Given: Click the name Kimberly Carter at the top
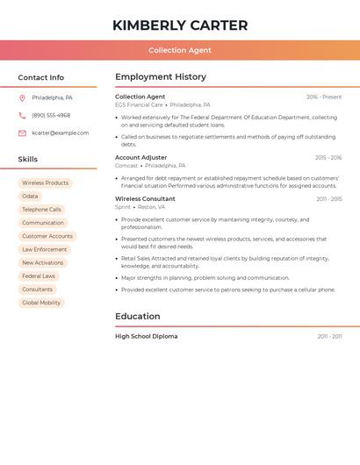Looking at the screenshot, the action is [x=180, y=25].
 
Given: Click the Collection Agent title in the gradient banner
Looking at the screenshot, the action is [x=180, y=50].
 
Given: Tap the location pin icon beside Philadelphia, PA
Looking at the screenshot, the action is [x=22, y=97].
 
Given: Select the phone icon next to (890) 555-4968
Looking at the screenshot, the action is [x=22, y=115].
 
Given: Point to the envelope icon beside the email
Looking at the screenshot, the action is [x=22, y=133].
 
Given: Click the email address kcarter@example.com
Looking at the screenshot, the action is [x=60, y=133].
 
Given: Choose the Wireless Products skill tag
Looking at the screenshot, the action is [x=45, y=183].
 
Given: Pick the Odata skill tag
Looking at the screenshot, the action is [x=30, y=197].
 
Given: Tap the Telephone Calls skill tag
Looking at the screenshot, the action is [x=41, y=210].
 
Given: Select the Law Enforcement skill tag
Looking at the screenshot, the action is [x=44, y=249].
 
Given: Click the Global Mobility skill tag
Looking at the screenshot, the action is [x=41, y=303].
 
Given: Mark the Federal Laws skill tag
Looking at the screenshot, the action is [x=39, y=276].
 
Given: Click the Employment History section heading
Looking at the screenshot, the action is [x=161, y=77].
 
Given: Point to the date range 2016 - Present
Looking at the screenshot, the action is [x=324, y=97].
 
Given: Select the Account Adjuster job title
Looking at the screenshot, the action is [x=140, y=158].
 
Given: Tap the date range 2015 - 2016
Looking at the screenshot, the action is [x=328, y=158].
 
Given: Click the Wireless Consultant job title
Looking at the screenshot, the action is [x=145, y=199].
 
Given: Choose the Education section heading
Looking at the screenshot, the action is [x=138, y=317].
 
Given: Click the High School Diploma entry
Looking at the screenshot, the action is [x=146, y=337].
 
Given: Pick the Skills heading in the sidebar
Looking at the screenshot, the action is [x=28, y=160].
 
